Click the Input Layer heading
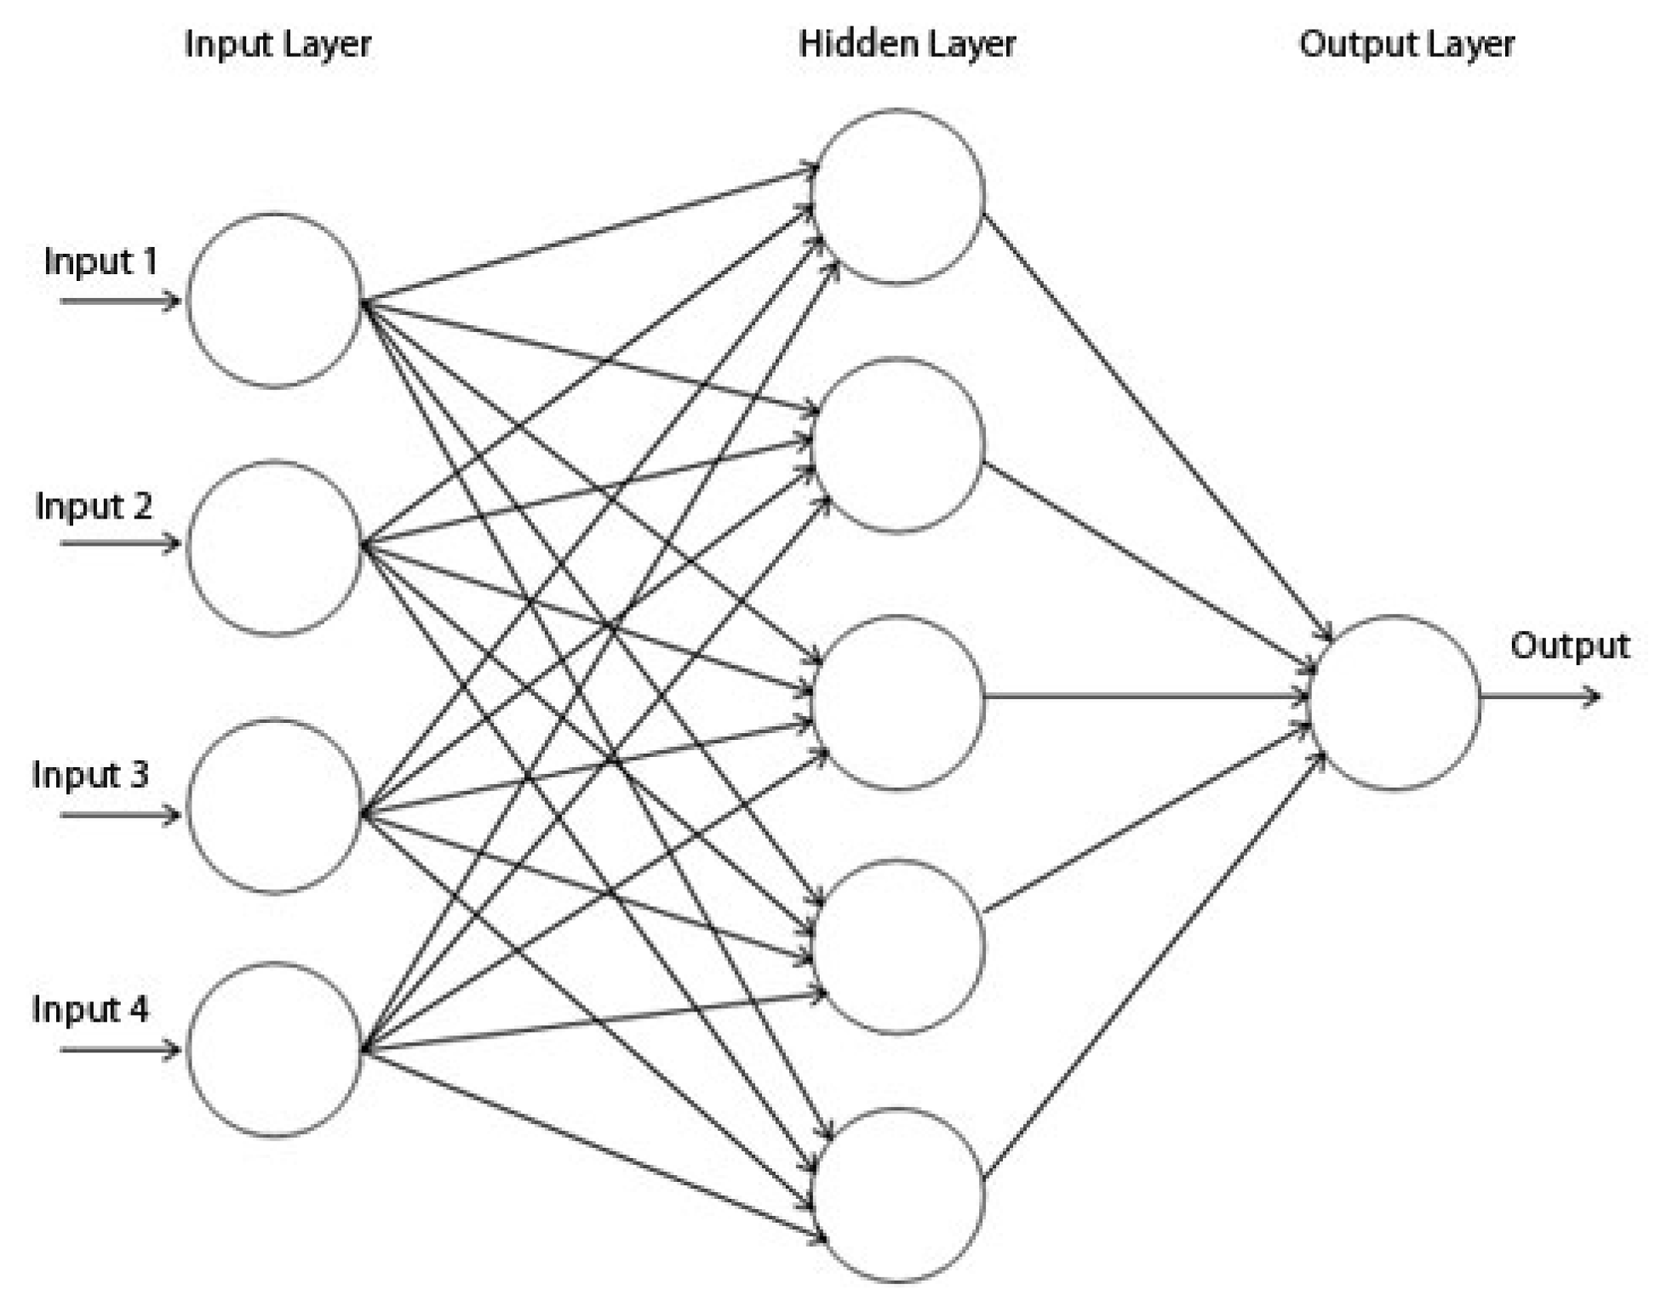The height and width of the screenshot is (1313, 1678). pyautogui.click(x=278, y=44)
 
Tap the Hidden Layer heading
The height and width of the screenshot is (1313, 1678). pyautogui.click(x=907, y=44)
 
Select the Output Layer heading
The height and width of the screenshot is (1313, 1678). pyautogui.click(x=1406, y=44)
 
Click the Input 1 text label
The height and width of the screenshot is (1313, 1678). pyautogui.click(x=100, y=261)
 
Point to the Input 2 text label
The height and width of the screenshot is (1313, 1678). pyautogui.click(x=94, y=507)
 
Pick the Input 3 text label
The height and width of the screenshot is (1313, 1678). pyautogui.click(x=90, y=775)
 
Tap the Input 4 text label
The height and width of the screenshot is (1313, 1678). pyautogui.click(x=90, y=1010)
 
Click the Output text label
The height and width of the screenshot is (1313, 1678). pyautogui.click(x=1570, y=645)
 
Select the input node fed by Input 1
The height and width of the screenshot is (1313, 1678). pyautogui.click(x=274, y=301)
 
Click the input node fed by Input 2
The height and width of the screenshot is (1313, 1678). pyautogui.click(x=274, y=548)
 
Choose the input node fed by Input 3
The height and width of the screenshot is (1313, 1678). pyautogui.click(x=274, y=806)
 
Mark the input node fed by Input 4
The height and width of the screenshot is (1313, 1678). pyautogui.click(x=274, y=1050)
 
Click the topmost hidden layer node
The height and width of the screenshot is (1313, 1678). pyautogui.click(x=898, y=196)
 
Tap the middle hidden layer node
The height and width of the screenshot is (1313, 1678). pyautogui.click(x=898, y=702)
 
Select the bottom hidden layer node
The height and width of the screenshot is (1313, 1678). pyautogui.click(x=898, y=1195)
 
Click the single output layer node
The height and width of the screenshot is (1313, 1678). pyautogui.click(x=1395, y=702)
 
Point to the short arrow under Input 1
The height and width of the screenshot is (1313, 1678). pyautogui.click(x=120, y=301)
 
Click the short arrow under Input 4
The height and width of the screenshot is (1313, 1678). pyautogui.click(x=120, y=1049)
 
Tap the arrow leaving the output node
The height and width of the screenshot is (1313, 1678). pyautogui.click(x=1539, y=697)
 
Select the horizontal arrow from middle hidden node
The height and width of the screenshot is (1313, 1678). pyautogui.click(x=1145, y=697)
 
